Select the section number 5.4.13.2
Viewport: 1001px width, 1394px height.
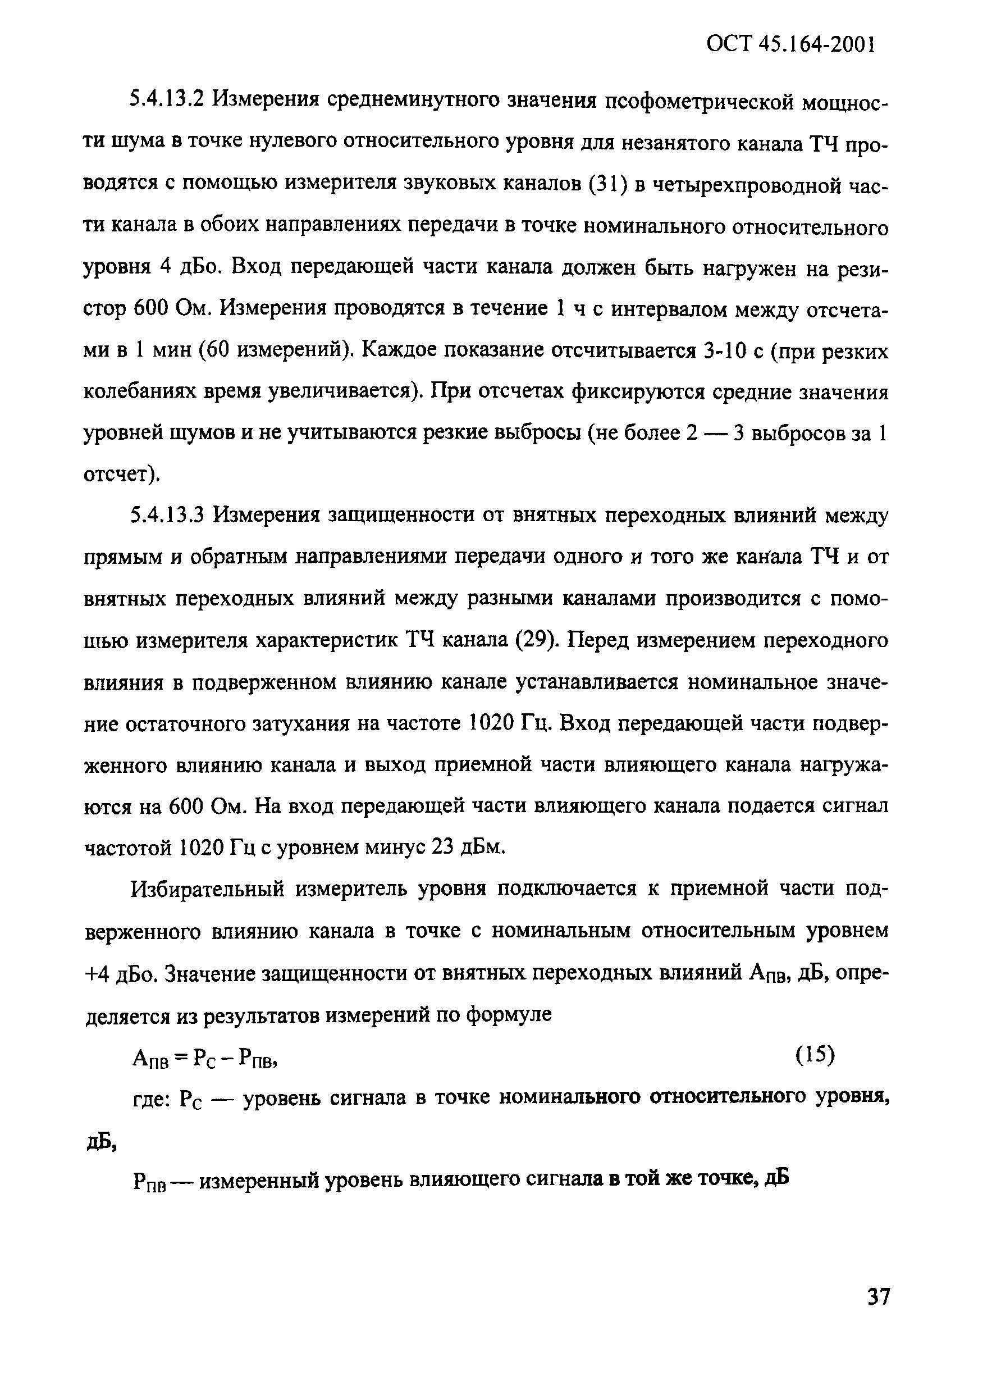coord(167,98)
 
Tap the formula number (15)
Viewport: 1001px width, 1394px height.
coord(815,1055)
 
